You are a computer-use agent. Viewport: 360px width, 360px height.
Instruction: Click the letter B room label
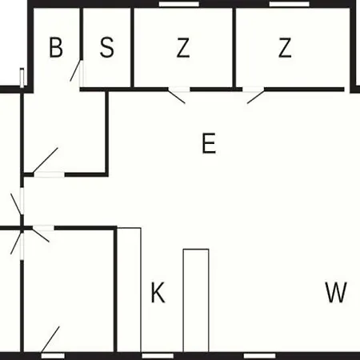(x=56, y=48)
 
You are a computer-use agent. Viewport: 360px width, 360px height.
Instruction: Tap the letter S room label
(x=107, y=48)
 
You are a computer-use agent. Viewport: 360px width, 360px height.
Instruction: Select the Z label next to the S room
(x=183, y=48)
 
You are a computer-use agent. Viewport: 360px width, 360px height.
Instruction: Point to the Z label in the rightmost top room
(x=285, y=48)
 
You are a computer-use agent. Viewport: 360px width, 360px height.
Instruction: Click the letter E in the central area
(x=209, y=143)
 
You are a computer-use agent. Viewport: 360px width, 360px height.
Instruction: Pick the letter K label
(x=158, y=292)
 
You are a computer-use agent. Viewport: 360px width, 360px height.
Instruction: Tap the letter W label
(x=336, y=292)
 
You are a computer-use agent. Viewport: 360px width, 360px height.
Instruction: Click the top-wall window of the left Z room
(x=179, y=4)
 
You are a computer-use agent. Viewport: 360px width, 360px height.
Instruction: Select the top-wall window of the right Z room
(x=290, y=4)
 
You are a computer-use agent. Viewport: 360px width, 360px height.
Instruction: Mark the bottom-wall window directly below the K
(x=158, y=356)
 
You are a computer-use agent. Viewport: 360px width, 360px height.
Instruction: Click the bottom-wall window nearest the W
(x=259, y=356)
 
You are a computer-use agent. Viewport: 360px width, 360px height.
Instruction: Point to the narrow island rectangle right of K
(x=196, y=301)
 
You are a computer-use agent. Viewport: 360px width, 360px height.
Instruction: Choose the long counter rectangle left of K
(x=129, y=290)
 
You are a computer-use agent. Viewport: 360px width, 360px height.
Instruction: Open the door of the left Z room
(x=177, y=94)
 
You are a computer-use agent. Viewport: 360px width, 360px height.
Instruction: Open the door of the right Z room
(x=256, y=94)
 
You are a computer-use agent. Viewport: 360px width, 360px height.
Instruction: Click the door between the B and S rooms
(x=77, y=74)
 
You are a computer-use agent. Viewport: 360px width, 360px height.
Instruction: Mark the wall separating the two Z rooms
(x=234, y=47)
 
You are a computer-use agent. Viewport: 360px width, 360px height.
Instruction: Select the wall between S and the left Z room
(x=132, y=47)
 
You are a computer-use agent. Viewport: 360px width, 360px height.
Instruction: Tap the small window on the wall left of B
(x=22, y=78)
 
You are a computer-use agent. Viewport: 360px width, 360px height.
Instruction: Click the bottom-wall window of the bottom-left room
(x=53, y=356)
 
